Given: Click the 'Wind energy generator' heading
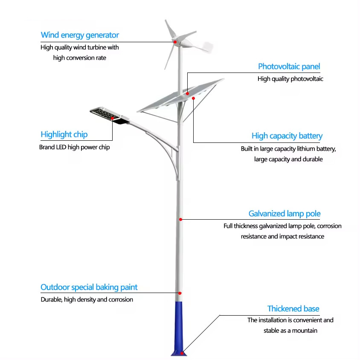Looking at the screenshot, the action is pyautogui.click(x=80, y=35).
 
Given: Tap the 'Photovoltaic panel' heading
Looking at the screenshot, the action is pyautogui.click(x=289, y=66).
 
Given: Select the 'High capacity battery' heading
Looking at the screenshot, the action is pyautogui.click(x=287, y=136).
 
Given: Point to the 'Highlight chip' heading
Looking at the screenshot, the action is pyautogui.click(x=64, y=134).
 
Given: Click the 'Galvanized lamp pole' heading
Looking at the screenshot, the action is pyautogui.click(x=285, y=214).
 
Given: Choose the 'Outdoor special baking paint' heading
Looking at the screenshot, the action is pyautogui.click(x=89, y=287).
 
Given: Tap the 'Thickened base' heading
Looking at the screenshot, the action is pyautogui.click(x=293, y=308).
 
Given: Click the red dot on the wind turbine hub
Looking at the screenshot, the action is pyautogui.click(x=174, y=41).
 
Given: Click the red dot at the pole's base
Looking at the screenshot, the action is pyautogui.click(x=182, y=352).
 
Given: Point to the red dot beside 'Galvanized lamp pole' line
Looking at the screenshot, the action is pyautogui.click(x=180, y=219).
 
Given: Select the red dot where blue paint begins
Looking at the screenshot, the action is pyautogui.click(x=180, y=293).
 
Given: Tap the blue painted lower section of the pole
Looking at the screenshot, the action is pyautogui.click(x=180, y=324).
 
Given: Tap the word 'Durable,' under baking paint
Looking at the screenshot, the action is pyautogui.click(x=51, y=299).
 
